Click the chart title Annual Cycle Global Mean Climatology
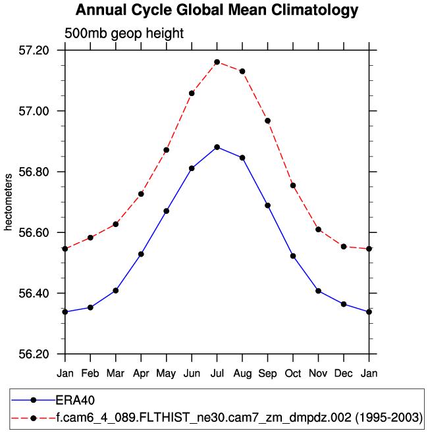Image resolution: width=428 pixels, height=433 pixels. click(217, 11)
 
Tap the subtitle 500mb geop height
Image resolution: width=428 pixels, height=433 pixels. click(124, 34)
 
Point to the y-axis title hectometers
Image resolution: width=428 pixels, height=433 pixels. click(9, 202)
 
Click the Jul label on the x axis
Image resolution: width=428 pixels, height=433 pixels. click(217, 374)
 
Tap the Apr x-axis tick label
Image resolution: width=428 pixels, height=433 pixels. click(141, 374)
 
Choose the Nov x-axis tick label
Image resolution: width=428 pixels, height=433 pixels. click(318, 374)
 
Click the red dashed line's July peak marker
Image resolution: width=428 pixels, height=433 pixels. click(217, 62)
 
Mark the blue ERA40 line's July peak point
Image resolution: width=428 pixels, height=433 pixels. click(217, 147)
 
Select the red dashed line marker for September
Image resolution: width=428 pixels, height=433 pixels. click(267, 120)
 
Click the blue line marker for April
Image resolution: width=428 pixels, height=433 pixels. click(141, 254)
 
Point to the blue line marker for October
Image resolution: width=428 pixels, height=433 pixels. click(293, 256)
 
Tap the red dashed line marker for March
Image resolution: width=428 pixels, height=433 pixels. click(116, 224)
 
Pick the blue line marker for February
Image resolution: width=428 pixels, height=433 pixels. click(90, 307)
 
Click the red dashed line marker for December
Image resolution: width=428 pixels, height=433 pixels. click(344, 246)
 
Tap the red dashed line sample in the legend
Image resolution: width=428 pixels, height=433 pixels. click(33, 417)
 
